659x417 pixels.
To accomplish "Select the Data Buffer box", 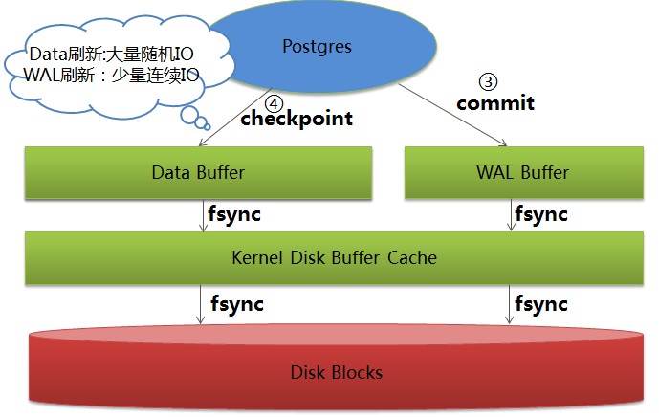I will coord(199,173).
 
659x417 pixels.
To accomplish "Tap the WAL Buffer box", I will coord(521,173).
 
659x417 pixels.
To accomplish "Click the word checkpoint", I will coord(296,119).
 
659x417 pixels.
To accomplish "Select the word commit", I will coord(494,102).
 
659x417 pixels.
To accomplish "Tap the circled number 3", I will coord(486,82).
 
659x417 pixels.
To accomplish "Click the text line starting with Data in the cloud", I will coord(114,54).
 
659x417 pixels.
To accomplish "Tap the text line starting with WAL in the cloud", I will coord(110,75).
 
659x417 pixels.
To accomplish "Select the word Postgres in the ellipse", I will coord(315,46).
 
